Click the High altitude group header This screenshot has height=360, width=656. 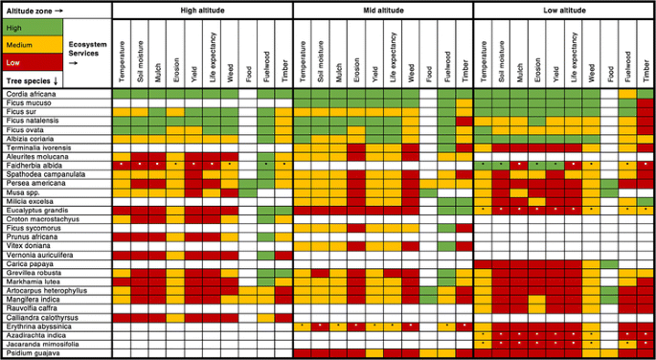click(x=202, y=10)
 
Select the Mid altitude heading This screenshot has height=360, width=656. click(x=383, y=10)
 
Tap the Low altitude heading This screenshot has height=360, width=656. click(x=564, y=10)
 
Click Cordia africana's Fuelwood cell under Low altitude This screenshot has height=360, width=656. click(x=627, y=94)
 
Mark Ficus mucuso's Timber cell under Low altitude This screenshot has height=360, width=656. click(x=645, y=102)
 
